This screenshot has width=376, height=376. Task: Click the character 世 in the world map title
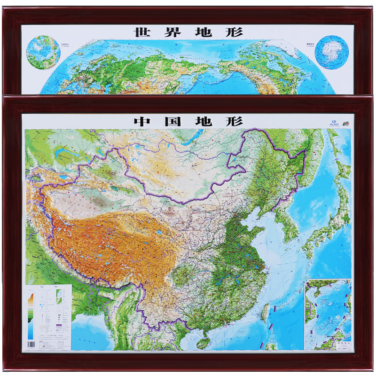(142, 32)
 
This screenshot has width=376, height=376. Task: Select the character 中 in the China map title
(142, 121)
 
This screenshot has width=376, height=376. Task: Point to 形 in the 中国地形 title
(235, 121)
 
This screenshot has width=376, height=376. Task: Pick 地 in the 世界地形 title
(204, 32)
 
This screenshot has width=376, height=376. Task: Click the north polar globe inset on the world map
(43, 51)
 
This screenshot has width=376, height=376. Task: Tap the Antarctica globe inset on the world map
(332, 51)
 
